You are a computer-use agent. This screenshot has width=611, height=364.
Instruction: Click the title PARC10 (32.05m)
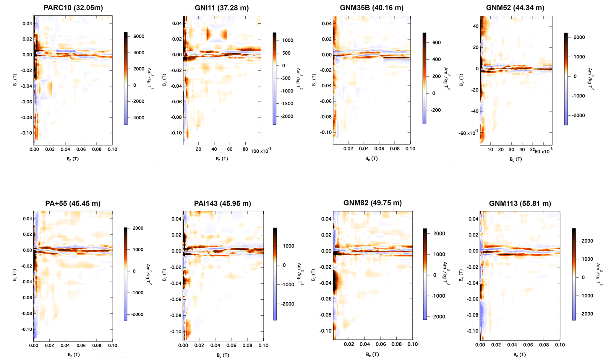pos(73,8)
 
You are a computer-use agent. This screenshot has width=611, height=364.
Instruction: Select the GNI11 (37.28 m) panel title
pos(222,8)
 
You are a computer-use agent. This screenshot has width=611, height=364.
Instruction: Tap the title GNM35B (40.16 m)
pos(372,8)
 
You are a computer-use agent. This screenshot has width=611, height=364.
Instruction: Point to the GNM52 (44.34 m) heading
pos(515,8)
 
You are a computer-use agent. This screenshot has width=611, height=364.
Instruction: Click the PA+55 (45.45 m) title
pos(73,203)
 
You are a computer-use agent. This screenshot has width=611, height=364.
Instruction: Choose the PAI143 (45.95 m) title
pos(222,203)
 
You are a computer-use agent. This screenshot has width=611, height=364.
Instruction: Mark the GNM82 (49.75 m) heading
pos(372,203)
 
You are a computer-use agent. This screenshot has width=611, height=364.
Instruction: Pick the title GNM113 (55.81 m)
pos(520,203)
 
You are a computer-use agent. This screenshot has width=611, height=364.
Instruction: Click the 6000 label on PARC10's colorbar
pos(139,36)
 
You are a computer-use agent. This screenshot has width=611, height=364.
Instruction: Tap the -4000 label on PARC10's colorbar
pos(137,118)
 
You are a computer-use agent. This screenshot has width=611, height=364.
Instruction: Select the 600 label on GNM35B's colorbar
pos(436,43)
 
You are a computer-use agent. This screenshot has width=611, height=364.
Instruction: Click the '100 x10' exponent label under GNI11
pos(261,151)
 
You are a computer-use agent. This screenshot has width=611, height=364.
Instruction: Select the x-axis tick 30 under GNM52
pos(511,149)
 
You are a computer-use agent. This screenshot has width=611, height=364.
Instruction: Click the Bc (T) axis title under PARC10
pos(73,159)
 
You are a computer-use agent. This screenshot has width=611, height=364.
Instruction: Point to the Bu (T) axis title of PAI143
pos(164,275)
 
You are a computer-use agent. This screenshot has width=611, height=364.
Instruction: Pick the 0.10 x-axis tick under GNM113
pos(560,345)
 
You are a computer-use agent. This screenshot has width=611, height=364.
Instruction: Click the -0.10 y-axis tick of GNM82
pos(326,331)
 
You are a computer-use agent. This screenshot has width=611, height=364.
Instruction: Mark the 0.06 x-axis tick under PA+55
pos(81,345)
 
